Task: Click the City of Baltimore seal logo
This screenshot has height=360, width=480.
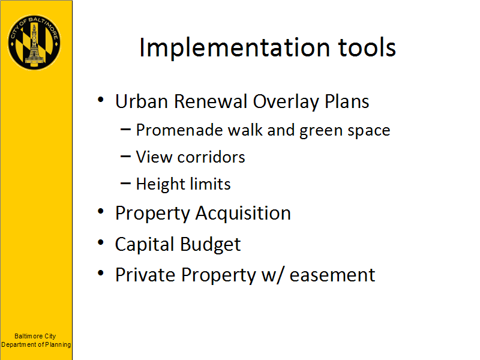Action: coord(34,42)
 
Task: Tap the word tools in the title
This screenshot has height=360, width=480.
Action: coord(367,48)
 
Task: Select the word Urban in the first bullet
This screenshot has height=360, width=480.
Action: coord(142,101)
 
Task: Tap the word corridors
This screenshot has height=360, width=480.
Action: coord(211,157)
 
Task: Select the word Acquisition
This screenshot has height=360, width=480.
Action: coord(243,214)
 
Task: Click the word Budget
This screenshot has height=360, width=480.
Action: coord(211,245)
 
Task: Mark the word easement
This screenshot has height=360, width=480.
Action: coord(332,275)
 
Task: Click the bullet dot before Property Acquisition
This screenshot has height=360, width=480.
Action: coord(101,211)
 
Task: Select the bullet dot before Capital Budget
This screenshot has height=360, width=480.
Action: coord(101,242)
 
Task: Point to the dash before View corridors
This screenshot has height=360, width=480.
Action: coord(126,157)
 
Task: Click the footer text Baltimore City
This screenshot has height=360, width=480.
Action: coord(35,336)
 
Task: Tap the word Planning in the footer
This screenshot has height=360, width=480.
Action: coord(58,345)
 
